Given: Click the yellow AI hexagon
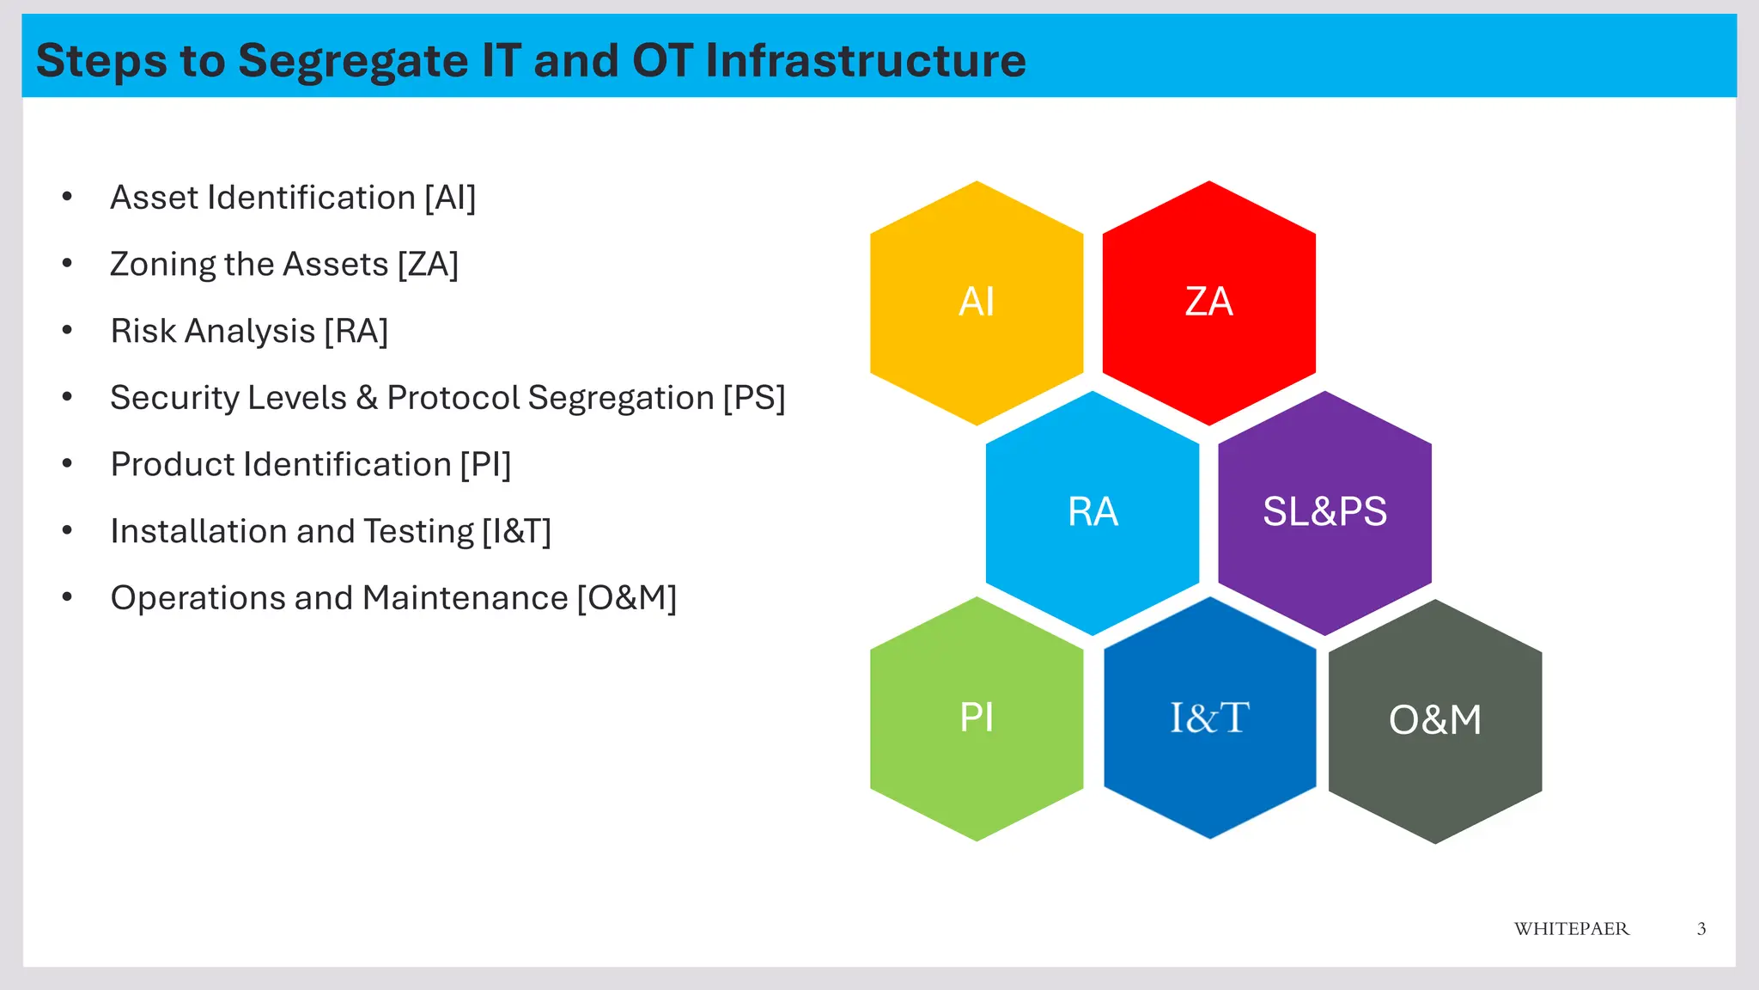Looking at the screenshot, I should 977,302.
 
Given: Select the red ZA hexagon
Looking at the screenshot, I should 1208,302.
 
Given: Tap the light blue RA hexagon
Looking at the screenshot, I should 1093,512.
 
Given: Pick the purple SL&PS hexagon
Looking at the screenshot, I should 1324,512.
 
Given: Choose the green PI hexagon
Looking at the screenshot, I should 977,718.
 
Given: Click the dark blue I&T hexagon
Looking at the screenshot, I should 1209,718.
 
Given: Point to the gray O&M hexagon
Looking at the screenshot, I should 1435,720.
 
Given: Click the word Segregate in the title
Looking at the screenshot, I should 352,61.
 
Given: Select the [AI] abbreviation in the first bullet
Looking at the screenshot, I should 450,199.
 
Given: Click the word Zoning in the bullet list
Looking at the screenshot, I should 162,265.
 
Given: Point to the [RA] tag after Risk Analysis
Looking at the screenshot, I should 356,332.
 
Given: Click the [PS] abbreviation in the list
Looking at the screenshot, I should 753,398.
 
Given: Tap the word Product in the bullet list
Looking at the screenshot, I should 173,465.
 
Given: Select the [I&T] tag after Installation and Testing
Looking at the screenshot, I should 516,532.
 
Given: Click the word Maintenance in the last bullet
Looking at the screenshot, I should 465,598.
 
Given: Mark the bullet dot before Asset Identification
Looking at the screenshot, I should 67,198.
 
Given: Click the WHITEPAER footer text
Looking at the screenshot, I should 1571,929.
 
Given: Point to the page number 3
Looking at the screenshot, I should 1701,929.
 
